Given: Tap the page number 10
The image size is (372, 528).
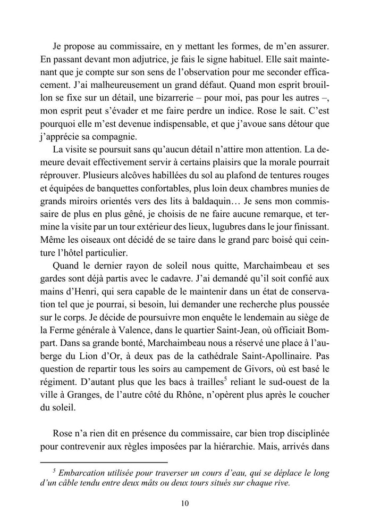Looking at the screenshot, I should (185, 504).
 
